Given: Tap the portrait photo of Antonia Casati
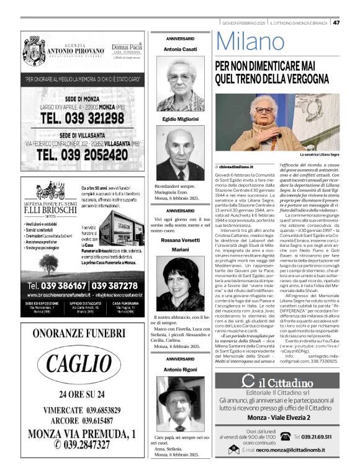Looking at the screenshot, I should pos(180,84).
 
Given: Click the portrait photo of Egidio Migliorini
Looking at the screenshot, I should pos(180,153).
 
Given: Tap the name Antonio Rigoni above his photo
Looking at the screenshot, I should pos(180,370).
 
